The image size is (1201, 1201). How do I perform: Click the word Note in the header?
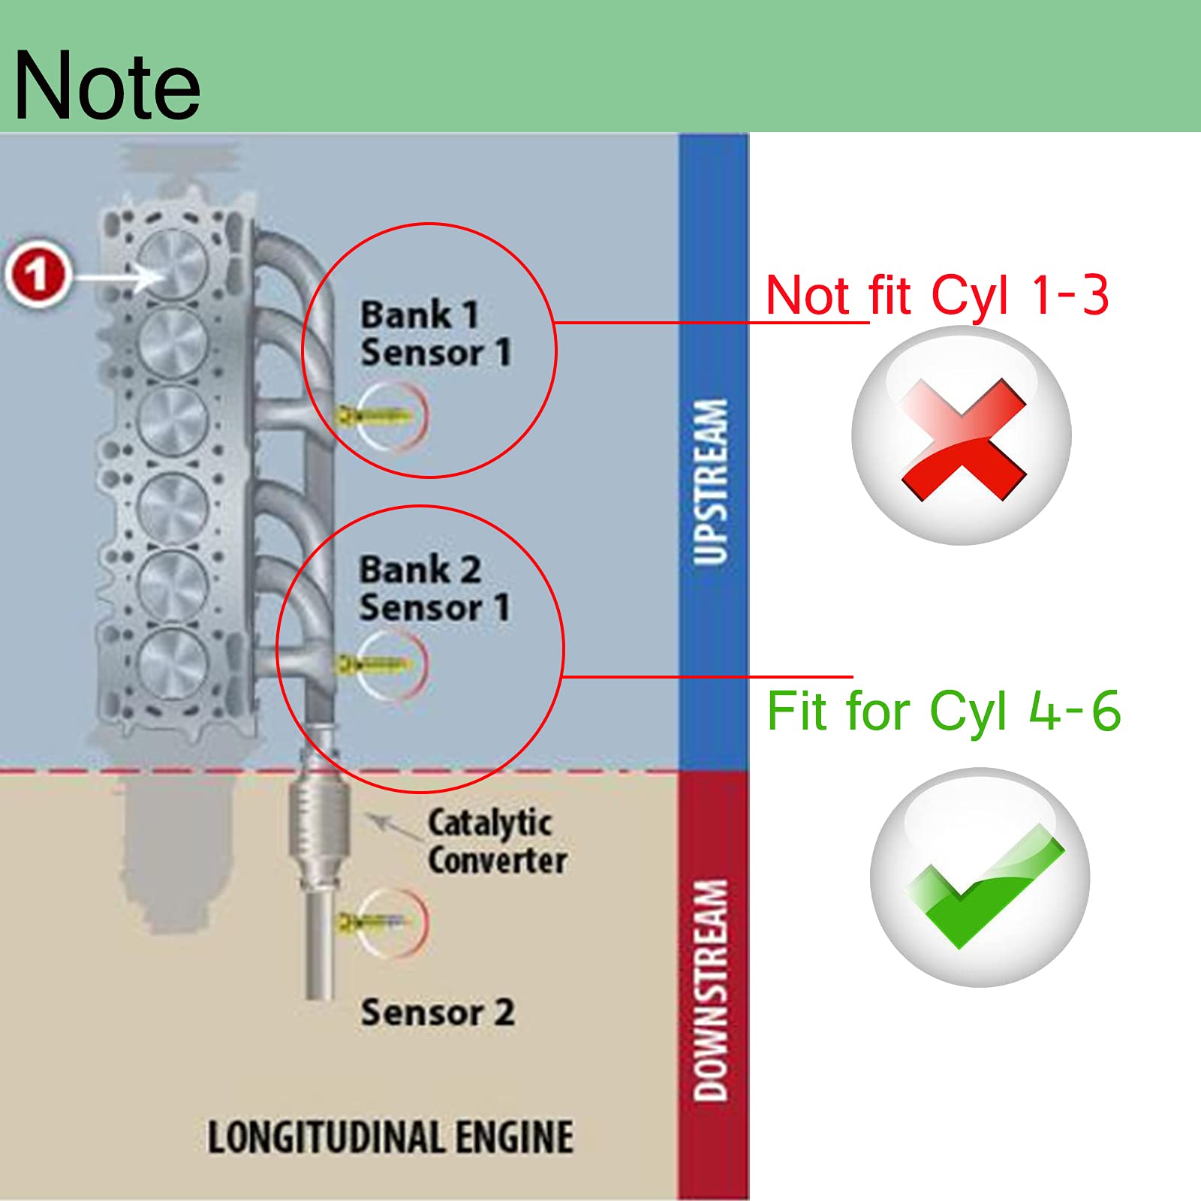tap(107, 86)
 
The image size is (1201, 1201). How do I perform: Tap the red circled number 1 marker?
tap(38, 274)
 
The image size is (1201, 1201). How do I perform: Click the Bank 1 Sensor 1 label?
tap(435, 333)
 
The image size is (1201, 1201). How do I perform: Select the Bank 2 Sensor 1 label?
tap(434, 588)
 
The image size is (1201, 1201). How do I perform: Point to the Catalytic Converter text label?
tap(497, 841)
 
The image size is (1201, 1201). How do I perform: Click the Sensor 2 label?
tap(438, 1012)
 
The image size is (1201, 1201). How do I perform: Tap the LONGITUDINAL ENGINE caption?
tap(390, 1136)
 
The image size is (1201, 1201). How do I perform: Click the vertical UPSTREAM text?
tap(711, 481)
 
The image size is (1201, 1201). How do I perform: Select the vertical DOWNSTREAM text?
tap(711, 990)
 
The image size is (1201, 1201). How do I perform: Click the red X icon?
tap(962, 439)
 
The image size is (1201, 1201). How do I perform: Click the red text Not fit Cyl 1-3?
tap(937, 295)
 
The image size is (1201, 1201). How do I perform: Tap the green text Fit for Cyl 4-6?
tap(944, 711)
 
